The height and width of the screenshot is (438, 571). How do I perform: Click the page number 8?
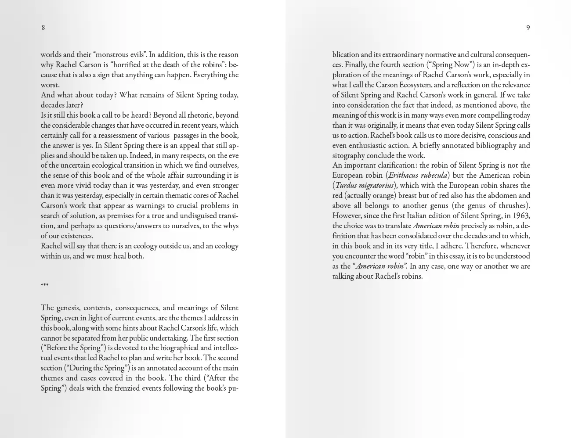[x=43, y=28]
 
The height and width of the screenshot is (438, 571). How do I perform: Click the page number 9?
[x=528, y=28]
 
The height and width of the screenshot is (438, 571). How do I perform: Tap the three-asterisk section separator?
[x=44, y=285]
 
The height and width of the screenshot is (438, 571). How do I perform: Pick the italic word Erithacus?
[x=404, y=176]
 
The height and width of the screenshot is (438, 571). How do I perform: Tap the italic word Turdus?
[x=346, y=186]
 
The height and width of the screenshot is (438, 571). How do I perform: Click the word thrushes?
[x=512, y=205]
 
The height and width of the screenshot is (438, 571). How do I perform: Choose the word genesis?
[x=69, y=308]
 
